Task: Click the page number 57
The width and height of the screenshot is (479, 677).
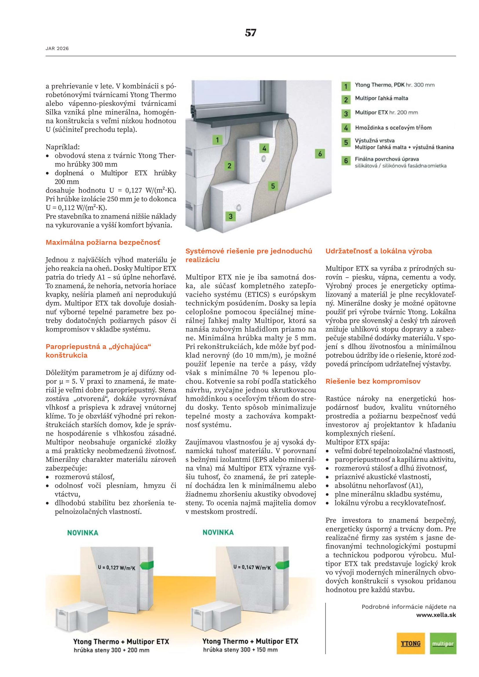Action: (251, 32)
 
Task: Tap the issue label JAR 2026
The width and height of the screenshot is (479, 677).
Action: (57, 49)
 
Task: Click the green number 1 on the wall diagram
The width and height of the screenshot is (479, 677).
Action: (217, 140)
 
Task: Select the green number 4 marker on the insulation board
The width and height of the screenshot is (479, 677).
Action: (264, 148)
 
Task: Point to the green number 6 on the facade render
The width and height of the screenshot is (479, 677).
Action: (320, 154)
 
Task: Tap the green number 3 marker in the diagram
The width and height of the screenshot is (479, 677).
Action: (230, 217)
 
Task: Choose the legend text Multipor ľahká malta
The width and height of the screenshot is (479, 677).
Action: (381, 98)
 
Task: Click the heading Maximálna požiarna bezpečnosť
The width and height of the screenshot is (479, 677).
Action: (103, 242)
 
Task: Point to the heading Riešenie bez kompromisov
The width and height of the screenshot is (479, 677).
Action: (373, 381)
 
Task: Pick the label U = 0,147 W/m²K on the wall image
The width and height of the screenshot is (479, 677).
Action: (252, 567)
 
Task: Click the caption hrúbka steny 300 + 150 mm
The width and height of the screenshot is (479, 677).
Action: (240, 650)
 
